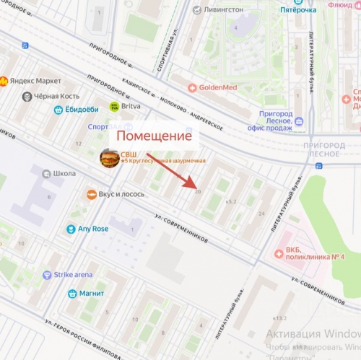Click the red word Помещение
[154, 136]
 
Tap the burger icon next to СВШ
[110, 157]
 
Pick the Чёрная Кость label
[55, 96]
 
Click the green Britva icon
[114, 106]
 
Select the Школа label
[64, 174]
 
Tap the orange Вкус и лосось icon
[92, 195]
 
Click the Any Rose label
[92, 229]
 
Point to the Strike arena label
[73, 274]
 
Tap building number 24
[261, 214]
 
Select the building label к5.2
[231, 201]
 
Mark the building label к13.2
[279, 317]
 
